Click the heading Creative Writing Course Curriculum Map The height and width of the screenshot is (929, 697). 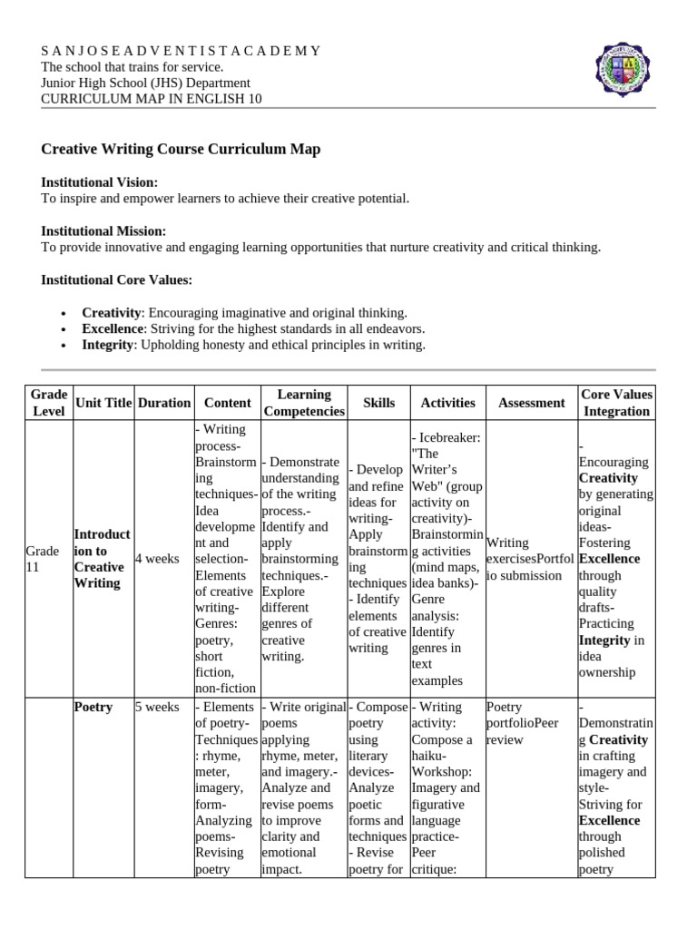pos(181,149)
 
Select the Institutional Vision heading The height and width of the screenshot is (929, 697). pos(100,182)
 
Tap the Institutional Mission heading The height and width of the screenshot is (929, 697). pos(103,231)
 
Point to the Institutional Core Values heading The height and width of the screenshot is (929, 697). pos(116,279)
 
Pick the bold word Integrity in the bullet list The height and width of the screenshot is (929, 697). pos(107,345)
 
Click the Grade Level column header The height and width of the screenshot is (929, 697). pos(48,402)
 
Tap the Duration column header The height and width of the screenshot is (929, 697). pos(164,402)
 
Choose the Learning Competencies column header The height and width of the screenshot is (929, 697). pos(304,402)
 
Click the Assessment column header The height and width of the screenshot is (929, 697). pos(531,402)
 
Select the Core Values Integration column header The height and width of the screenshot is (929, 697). pos(616,402)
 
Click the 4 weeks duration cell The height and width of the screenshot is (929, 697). pos(157,559)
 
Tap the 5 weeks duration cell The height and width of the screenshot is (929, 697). pos(157,707)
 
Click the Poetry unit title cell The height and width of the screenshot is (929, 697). pos(93,707)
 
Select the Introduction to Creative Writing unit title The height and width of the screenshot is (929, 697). pos(102,559)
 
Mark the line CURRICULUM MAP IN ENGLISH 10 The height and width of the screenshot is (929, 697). pos(152,99)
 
